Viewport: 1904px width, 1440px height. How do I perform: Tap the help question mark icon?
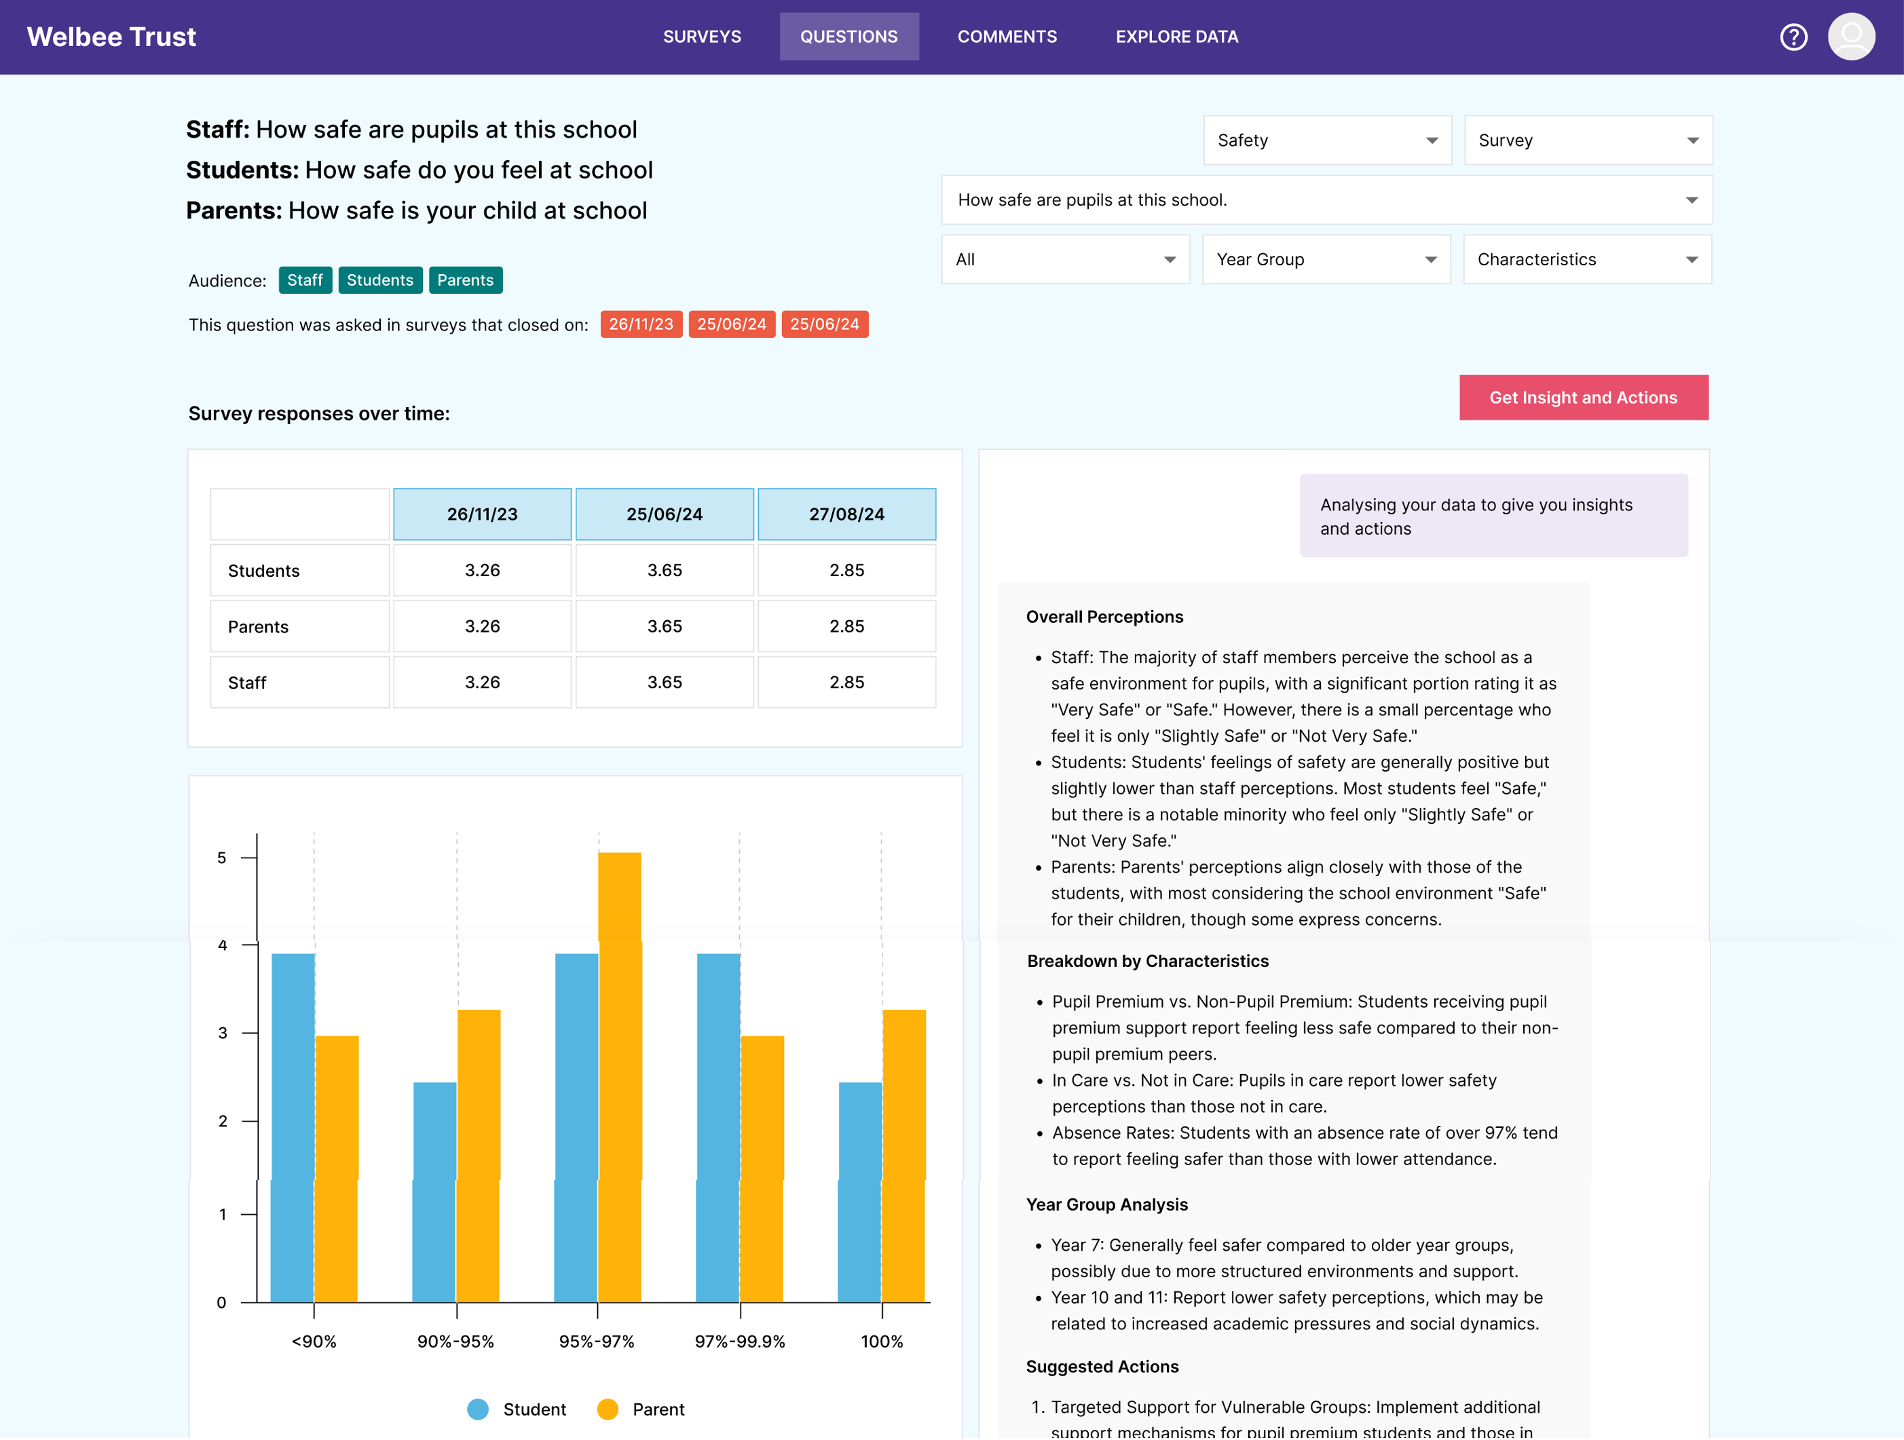click(x=1793, y=37)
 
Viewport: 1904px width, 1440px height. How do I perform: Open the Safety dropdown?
click(x=1326, y=140)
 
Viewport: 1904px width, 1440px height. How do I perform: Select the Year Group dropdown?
click(x=1326, y=259)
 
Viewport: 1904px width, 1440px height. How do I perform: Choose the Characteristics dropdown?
click(x=1586, y=259)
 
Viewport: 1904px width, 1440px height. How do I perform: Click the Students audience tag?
click(x=379, y=280)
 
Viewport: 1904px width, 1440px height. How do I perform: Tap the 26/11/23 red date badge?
click(x=641, y=324)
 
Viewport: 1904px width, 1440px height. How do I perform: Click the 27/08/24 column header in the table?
click(x=846, y=514)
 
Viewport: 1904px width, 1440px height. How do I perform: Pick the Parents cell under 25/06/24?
click(x=665, y=626)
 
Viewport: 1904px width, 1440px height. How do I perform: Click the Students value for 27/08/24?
click(x=846, y=571)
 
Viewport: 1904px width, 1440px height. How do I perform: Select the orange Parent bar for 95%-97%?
click(x=620, y=1076)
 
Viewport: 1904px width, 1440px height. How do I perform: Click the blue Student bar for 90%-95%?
click(x=434, y=1192)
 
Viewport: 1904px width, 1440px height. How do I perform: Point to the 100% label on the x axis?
click(x=882, y=1341)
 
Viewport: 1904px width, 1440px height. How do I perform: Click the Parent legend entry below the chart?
click(x=641, y=1409)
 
